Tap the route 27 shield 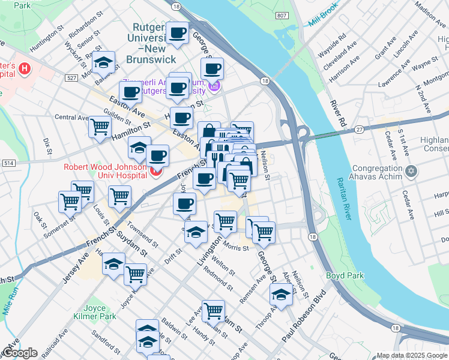click(360, 129)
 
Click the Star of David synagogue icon click(411, 172)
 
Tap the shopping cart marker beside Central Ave click(100, 126)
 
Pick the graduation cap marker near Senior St click(104, 63)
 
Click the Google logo click(20, 353)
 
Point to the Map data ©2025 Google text click(411, 355)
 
